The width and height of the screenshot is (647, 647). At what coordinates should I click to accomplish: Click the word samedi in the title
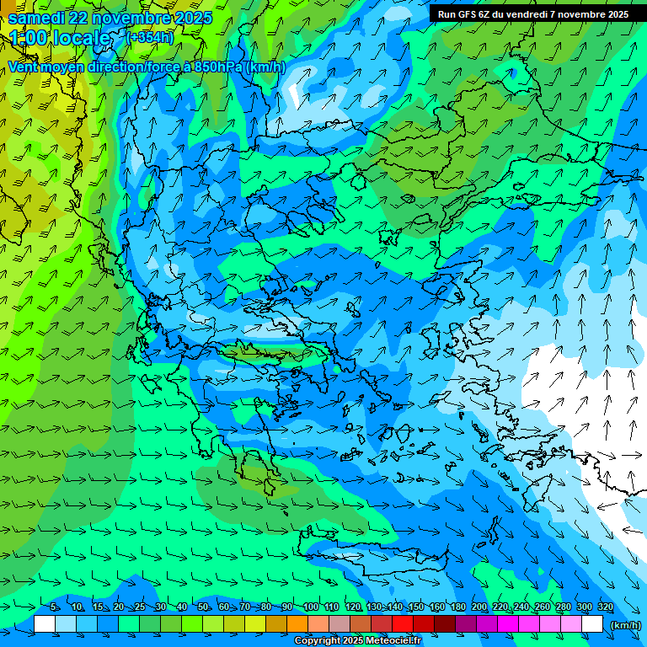36,18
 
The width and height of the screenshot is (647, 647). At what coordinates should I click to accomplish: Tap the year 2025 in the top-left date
190,18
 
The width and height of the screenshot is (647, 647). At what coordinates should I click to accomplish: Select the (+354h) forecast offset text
150,37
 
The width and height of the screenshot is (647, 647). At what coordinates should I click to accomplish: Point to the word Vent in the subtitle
24,67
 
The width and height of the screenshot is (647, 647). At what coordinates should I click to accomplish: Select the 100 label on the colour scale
311,607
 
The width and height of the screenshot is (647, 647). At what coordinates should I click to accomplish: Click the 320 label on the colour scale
606,607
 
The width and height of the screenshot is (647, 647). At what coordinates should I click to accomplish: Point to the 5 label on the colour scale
54,607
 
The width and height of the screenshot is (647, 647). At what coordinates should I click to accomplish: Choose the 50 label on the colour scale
203,607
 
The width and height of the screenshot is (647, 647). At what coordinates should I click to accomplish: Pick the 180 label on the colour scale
458,607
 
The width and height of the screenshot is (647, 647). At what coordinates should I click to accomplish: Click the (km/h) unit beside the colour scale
624,624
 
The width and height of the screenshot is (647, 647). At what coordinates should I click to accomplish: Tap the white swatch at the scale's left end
45,623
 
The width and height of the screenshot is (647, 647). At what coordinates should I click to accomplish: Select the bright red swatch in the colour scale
403,623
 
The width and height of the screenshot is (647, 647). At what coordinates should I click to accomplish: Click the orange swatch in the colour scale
297,623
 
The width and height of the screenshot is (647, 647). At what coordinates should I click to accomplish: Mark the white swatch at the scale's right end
592,623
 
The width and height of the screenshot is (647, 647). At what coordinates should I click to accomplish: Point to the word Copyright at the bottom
318,641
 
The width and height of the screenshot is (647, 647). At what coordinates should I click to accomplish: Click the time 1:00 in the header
28,38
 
